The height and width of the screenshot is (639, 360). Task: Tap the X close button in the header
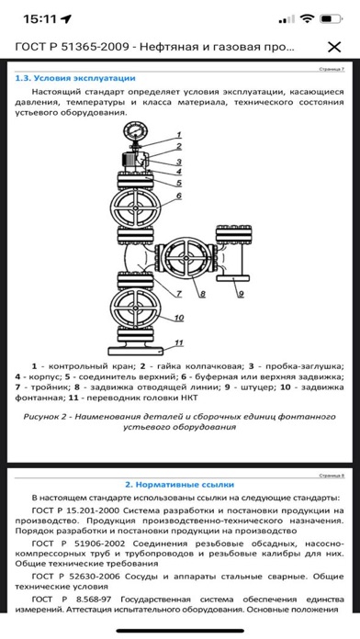tap(334, 47)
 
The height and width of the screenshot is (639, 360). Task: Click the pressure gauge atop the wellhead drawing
tap(134, 133)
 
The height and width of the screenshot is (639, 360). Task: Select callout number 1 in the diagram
tap(178, 135)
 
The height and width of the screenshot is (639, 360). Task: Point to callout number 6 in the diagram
tap(178, 196)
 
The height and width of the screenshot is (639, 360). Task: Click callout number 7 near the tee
tap(178, 294)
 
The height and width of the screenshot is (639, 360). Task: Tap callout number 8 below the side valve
tap(202, 294)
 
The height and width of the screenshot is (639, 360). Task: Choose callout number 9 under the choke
tap(241, 294)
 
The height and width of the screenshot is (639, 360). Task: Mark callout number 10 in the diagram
tap(179, 318)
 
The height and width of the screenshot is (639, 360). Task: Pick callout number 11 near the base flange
tap(179, 342)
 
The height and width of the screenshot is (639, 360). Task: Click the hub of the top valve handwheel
tap(135, 207)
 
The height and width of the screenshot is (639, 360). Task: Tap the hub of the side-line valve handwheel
tap(186, 258)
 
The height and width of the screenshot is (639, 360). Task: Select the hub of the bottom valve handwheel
tap(135, 307)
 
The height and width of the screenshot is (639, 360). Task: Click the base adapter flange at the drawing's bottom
tap(135, 350)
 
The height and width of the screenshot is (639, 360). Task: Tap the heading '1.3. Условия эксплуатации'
tap(75, 78)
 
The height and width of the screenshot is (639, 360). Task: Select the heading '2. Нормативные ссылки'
tap(179, 485)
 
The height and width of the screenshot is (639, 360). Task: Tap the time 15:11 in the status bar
tap(41, 18)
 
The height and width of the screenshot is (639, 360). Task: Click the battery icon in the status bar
tap(331, 18)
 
